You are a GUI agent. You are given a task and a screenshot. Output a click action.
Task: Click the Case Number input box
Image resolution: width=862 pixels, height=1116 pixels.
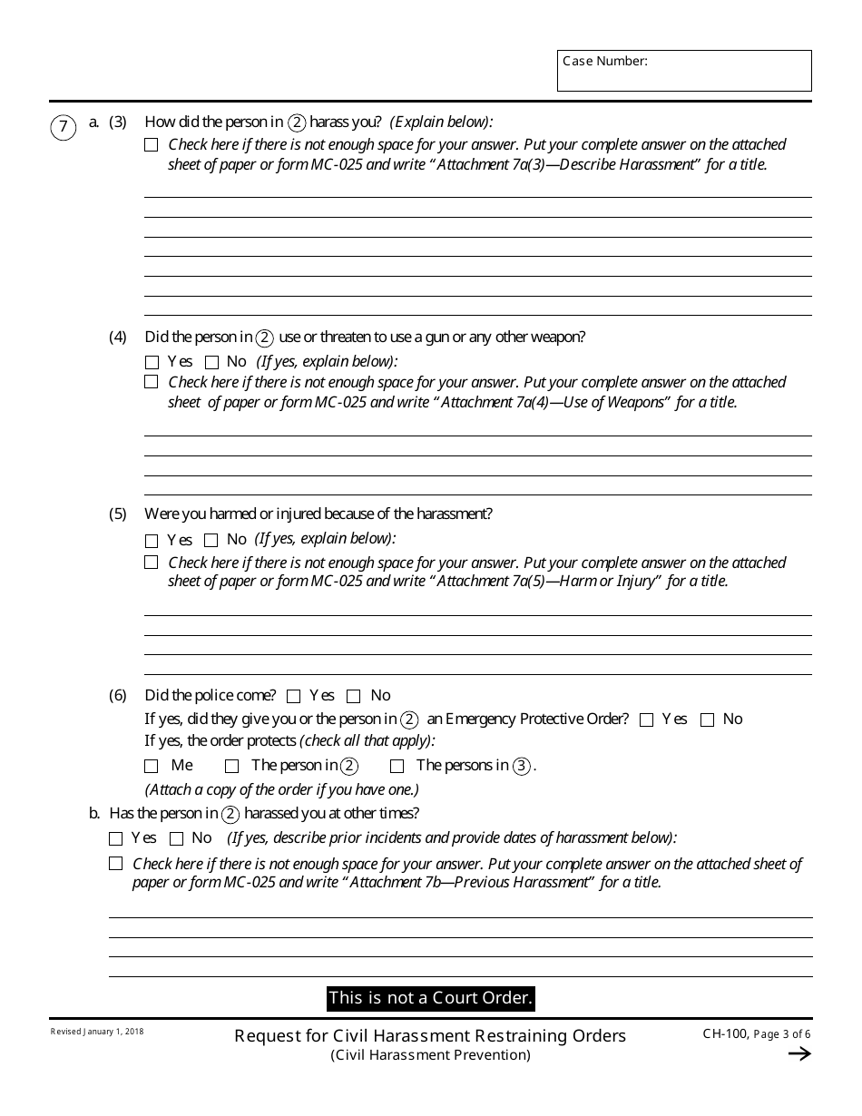pos(684,71)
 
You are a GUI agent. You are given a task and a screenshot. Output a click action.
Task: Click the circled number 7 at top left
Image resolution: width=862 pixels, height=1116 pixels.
pos(63,128)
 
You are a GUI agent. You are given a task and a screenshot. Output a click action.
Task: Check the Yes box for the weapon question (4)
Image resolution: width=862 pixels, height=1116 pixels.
pos(152,362)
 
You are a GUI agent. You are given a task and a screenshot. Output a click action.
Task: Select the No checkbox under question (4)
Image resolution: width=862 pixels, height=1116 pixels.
pos(211,362)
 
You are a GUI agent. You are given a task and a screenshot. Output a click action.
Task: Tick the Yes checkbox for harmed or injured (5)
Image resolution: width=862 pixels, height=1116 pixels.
pos(152,541)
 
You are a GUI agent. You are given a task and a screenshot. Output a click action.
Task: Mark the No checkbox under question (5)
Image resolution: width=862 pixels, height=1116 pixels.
pos(211,541)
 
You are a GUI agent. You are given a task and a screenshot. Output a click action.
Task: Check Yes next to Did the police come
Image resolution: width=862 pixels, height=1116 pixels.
pos(293,697)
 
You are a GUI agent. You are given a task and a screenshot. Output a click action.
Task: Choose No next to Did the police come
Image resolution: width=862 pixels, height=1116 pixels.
pos(354,697)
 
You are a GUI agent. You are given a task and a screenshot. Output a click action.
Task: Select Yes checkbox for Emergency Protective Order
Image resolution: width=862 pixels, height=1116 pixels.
pos(646,720)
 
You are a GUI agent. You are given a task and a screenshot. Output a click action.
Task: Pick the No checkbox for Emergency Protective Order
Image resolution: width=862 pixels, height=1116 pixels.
pos(707,720)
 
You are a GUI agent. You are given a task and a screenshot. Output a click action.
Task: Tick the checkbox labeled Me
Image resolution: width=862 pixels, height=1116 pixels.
pos(152,767)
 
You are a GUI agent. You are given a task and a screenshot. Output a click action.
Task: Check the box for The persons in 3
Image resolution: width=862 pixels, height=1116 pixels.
pos(397,767)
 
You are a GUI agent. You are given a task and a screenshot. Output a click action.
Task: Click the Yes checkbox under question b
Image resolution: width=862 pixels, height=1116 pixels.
pos(115,839)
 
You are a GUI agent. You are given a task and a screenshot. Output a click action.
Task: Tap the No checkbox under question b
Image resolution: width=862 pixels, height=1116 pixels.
pos(177,839)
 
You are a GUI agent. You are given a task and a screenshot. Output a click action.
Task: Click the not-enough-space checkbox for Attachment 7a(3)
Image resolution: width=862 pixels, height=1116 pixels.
pos(152,145)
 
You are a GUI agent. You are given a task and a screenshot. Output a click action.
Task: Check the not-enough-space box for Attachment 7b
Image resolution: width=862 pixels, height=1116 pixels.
pos(115,864)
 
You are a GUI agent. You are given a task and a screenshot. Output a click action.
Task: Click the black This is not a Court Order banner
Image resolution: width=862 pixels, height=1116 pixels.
pos(430,998)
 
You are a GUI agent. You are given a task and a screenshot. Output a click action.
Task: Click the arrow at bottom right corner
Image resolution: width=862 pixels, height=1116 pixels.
pos(798,1053)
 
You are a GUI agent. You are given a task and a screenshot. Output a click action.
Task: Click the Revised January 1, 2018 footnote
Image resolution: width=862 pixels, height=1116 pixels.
pos(97,1033)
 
